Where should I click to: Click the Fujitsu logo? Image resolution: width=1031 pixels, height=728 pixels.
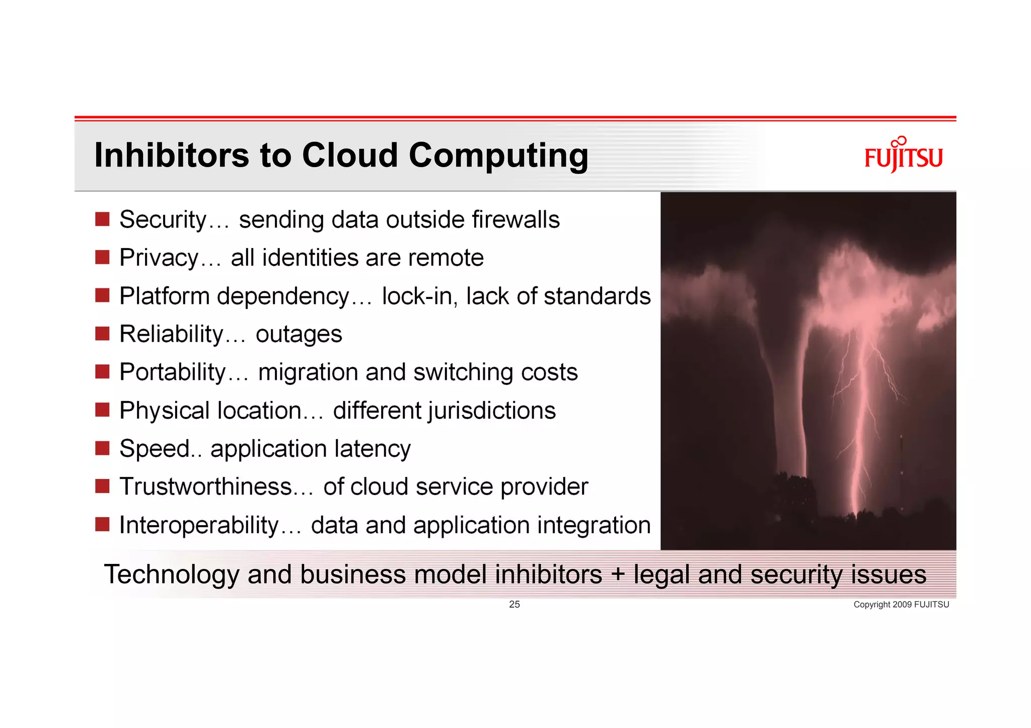tap(903, 155)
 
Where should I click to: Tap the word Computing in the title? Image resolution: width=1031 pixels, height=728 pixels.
tap(498, 156)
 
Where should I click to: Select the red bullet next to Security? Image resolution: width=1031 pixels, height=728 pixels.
tap(102, 219)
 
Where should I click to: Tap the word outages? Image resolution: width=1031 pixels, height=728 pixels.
tap(299, 335)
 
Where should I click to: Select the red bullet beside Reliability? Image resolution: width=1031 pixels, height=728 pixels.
tap(102, 334)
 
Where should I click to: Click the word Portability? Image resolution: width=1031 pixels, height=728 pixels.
tap(172, 373)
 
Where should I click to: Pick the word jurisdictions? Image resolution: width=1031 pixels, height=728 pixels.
tap(492, 411)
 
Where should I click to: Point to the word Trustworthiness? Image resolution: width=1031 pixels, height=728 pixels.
tap(205, 487)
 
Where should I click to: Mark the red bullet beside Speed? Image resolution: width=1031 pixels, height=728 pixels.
tap(102, 448)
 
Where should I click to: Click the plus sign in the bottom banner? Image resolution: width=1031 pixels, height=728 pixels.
tap(618, 574)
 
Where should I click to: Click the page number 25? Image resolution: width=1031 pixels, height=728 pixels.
tap(514, 604)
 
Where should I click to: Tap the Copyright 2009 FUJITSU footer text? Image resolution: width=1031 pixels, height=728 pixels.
tap(901, 605)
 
